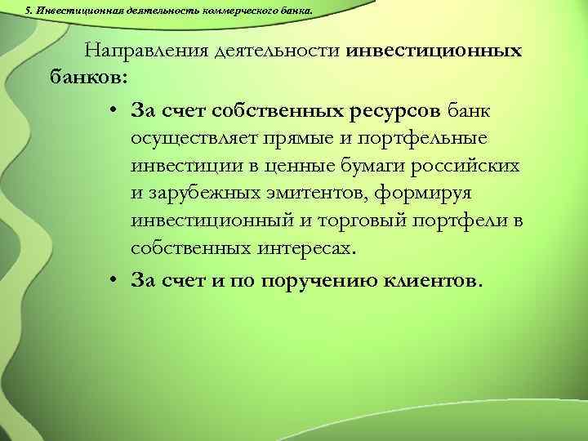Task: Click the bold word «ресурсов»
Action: click(397, 109)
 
